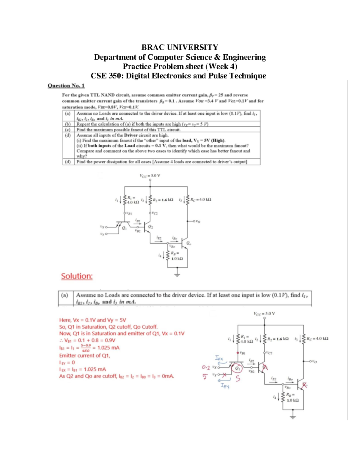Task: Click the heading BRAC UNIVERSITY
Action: [x=180, y=47]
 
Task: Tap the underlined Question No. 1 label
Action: [x=66, y=86]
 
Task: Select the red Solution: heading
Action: [x=77, y=276]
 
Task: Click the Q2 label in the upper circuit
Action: [x=151, y=227]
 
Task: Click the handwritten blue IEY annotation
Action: [x=225, y=386]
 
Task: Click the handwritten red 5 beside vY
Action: [x=205, y=376]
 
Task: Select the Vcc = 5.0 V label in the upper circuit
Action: [x=150, y=176]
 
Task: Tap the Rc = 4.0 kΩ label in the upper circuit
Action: [x=200, y=199]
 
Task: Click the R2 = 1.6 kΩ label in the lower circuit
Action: [x=278, y=339]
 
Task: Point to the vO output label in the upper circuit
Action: [x=197, y=221]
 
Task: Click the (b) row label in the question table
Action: [x=68, y=124]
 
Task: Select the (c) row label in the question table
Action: [x=68, y=130]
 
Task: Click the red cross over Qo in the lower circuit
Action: [x=305, y=385]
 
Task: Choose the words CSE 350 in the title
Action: [x=106, y=76]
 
